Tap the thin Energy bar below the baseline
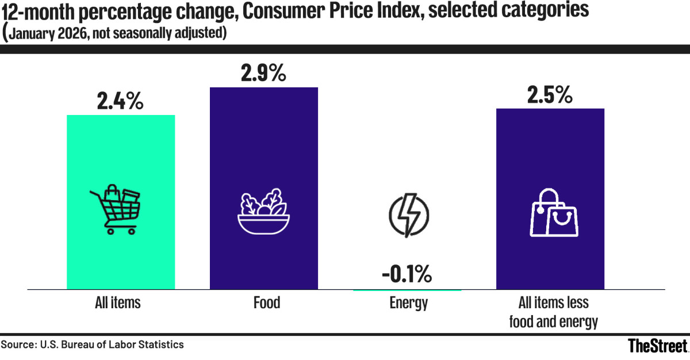[407, 290]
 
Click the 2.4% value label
[120, 102]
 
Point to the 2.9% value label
[263, 74]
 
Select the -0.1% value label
[407, 275]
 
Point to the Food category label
[266, 302]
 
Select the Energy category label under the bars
[408, 302]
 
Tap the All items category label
[118, 302]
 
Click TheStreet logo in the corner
[657, 346]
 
